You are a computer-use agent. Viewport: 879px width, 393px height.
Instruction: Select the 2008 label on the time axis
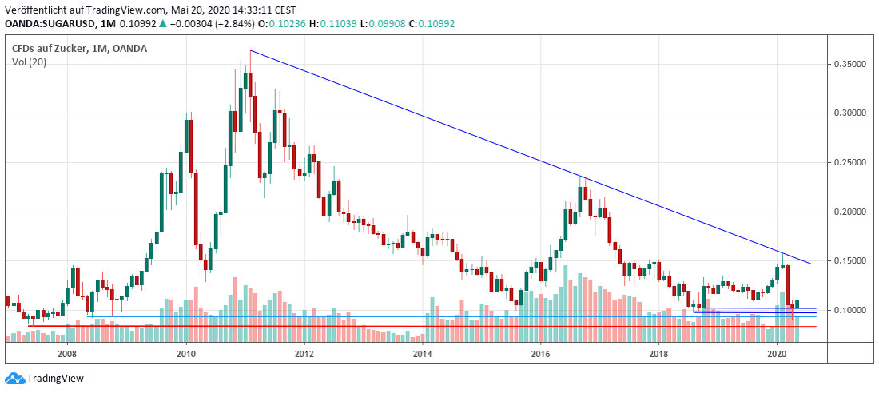67,354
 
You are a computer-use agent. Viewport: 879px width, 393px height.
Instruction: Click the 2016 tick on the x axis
540,354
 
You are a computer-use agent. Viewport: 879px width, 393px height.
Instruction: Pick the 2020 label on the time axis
777,354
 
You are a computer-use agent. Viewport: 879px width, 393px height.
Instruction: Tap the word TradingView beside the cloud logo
55,379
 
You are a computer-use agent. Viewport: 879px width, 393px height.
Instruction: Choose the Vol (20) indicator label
29,62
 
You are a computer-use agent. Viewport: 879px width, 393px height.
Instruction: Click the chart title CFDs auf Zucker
49,49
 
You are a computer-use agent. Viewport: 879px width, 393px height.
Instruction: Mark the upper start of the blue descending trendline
250,50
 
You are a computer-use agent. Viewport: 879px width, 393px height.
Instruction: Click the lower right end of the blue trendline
811,264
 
